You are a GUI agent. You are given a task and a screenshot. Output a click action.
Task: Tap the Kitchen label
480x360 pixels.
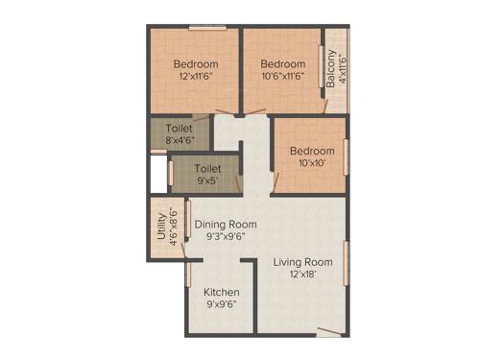221,292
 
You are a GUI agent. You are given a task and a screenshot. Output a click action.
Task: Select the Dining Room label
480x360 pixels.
226,224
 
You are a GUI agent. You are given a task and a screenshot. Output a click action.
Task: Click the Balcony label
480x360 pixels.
331,68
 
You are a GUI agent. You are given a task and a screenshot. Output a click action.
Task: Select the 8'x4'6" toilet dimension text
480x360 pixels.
179,140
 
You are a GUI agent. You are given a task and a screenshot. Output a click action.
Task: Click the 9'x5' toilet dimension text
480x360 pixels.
207,180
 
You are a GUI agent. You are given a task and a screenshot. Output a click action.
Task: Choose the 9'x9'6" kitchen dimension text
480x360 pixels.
221,304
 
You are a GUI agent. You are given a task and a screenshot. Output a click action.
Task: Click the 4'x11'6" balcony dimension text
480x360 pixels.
342,68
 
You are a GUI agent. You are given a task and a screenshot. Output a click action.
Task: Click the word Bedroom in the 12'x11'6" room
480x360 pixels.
195,65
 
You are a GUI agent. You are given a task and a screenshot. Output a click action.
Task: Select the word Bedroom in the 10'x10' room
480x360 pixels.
312,151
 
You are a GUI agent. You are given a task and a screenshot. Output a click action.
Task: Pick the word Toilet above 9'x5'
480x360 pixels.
207,168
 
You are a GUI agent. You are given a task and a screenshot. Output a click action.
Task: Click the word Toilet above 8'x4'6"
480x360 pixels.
179,128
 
